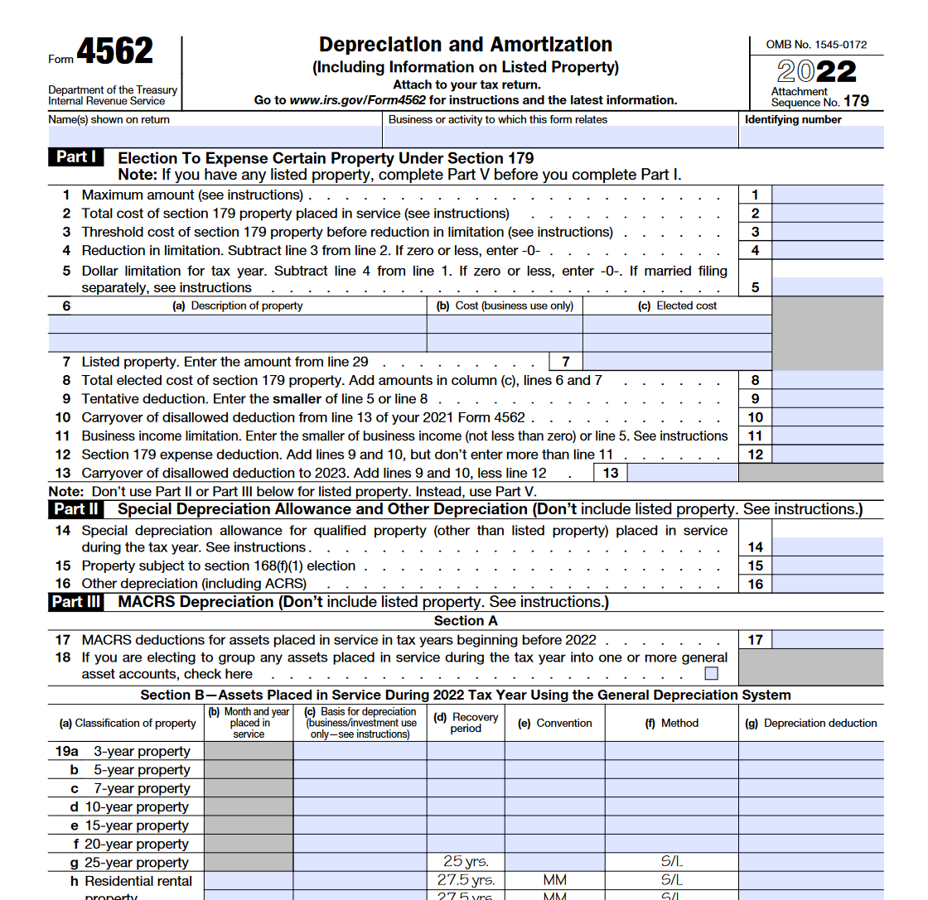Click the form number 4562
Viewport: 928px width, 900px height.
114,52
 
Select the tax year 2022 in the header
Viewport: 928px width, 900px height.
816,72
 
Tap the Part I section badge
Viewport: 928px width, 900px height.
77,157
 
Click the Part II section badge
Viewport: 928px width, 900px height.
77,509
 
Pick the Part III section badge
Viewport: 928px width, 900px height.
77,602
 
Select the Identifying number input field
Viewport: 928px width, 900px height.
811,137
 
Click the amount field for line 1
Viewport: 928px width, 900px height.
827,195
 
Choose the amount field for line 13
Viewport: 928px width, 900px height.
683,473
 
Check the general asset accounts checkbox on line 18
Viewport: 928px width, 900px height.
711,673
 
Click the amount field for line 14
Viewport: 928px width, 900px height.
827,546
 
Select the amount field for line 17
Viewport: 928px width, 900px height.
827,640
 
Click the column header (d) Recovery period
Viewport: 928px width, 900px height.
466,723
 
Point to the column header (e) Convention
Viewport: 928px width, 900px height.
554,723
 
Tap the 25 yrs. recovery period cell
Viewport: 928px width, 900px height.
466,862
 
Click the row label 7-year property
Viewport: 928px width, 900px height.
141,788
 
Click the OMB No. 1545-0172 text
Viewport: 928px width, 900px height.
816,45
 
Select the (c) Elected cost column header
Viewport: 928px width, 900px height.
677,306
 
